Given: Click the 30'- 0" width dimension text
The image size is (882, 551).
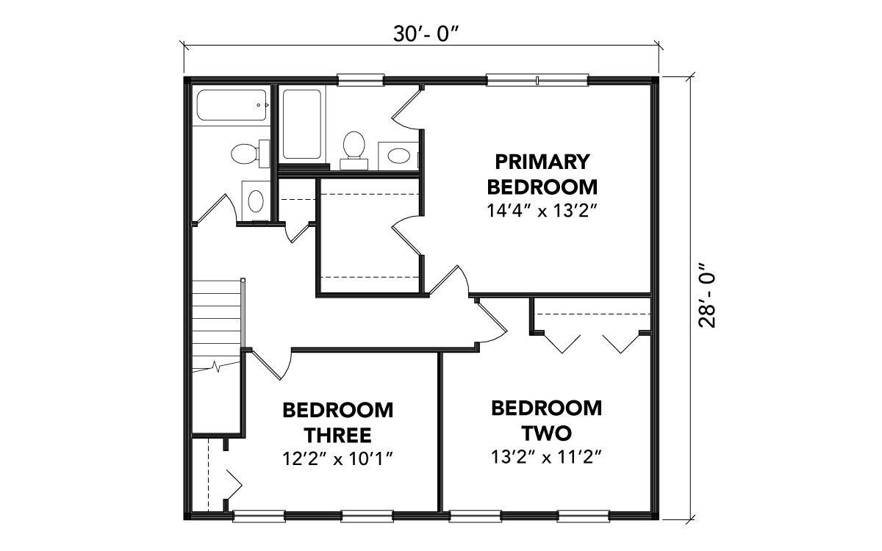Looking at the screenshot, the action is pos(427,34).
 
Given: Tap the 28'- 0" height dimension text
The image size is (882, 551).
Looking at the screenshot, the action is pos(707,295).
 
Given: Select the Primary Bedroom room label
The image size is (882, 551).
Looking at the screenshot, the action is pos(542,174).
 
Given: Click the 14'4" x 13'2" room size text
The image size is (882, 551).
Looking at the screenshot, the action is pos(542,211).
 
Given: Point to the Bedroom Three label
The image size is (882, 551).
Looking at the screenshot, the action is pos(338,422).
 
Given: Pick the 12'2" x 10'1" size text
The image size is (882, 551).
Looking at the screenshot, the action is pos(338,458).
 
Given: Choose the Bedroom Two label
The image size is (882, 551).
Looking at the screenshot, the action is pos(547,420).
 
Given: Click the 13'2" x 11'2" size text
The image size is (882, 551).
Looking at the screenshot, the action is pos(547,457).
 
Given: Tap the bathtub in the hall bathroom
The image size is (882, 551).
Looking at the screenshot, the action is pos(232,105).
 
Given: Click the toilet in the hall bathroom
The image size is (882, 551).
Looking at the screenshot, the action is pos(250,154).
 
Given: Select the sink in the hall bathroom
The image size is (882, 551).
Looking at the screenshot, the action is pos(256,201).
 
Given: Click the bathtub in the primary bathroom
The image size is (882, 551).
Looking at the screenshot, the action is pos(301,124).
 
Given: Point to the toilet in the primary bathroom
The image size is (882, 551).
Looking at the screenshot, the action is pos(354,150).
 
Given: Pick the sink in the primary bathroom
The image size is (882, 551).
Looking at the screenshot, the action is pos(399,156).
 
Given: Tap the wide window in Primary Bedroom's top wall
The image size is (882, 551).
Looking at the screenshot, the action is pos(537,80).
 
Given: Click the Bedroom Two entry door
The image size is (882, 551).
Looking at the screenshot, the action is pos(492,321).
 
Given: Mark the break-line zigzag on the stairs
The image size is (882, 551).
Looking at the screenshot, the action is pos(216,367).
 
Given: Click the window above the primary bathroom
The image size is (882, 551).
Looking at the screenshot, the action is pos(361,80).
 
